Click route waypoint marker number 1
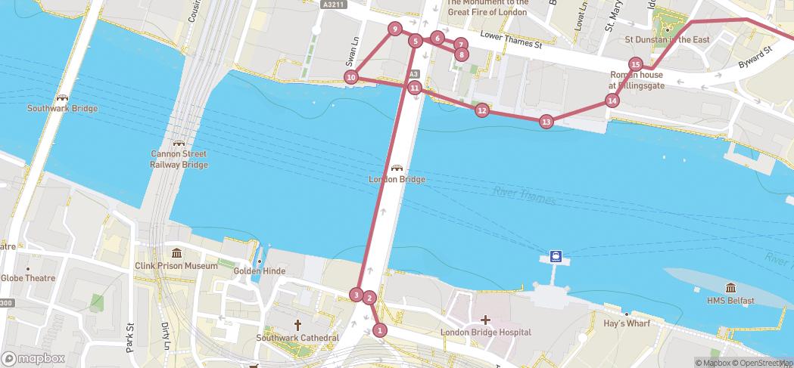click(x=380, y=329)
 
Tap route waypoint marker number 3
click(x=357, y=294)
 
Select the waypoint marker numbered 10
click(x=350, y=77)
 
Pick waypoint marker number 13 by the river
click(x=546, y=122)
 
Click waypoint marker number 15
click(x=636, y=64)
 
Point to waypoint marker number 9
click(x=394, y=29)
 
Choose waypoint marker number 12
click(x=481, y=110)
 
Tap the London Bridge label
click(x=397, y=179)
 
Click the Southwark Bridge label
click(x=62, y=108)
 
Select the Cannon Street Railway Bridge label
click(x=179, y=159)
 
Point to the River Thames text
click(x=525, y=196)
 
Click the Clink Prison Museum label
click(x=176, y=265)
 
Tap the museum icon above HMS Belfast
click(x=730, y=288)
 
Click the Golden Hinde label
click(x=258, y=271)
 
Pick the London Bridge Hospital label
click(x=485, y=332)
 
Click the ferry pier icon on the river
click(x=556, y=256)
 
